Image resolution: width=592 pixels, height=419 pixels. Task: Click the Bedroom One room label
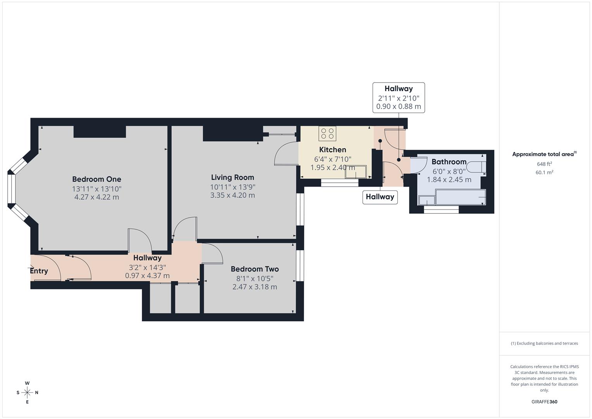pos(97,179)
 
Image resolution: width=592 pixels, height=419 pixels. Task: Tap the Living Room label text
pos(233,177)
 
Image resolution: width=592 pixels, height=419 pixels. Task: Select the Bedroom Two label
pos(255,269)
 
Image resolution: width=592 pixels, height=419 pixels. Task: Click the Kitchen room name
pos(333,150)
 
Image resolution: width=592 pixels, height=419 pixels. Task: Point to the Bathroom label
pos(449,162)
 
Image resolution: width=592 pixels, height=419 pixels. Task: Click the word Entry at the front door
pos(39,271)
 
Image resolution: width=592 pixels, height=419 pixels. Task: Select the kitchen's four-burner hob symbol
pos(327,134)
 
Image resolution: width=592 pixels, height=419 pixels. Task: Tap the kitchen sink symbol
pos(356,171)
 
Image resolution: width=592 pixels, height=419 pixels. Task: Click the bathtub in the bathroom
pos(461,197)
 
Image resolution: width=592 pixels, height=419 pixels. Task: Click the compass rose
pos(27,392)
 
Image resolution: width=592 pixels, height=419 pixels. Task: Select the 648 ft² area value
pos(544,164)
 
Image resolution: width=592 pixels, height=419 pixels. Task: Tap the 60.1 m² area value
pos(544,173)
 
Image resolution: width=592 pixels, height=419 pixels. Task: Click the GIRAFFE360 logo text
pos(544,402)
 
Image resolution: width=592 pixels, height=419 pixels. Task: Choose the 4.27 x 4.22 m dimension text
pos(97,197)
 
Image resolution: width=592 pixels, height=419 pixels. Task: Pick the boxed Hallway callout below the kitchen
pos(380,197)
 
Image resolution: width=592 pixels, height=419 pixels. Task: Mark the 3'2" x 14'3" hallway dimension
pos(147,267)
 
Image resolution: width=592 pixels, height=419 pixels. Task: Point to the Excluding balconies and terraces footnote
pos(544,343)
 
